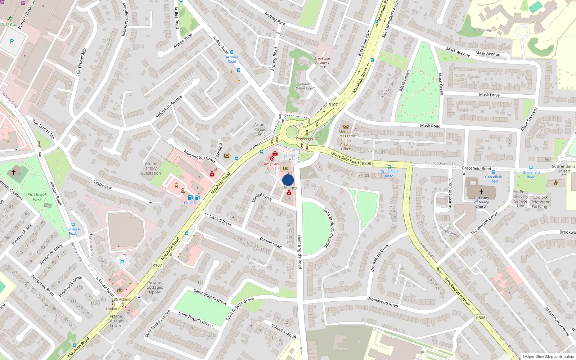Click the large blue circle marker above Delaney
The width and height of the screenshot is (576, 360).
point(288,180)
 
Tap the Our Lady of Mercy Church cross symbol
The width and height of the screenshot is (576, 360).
point(481,192)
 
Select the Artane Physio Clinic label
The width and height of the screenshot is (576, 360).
point(260,130)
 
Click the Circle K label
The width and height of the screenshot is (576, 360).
point(190,203)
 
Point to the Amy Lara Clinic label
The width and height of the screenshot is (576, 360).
point(271,166)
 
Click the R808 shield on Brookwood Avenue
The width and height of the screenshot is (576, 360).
point(481,318)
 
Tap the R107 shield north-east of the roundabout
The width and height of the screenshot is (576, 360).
point(333,105)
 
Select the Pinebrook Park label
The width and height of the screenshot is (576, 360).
point(37,197)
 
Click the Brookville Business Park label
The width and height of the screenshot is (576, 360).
point(322,63)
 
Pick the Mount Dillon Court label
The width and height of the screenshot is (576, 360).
point(305,86)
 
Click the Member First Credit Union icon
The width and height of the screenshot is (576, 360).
point(346,127)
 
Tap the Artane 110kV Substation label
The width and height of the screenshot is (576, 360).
point(151,168)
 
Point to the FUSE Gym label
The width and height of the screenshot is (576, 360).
point(9,25)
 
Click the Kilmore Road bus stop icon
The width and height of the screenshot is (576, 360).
point(73,225)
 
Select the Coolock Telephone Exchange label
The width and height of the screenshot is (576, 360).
point(540,202)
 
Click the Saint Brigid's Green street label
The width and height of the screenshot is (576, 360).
point(195,319)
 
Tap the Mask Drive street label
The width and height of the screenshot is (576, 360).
point(489,95)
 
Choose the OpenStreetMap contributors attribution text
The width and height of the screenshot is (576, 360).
point(548,356)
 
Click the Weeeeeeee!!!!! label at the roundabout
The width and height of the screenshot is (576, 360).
point(307,138)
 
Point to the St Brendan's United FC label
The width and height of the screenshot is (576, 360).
point(563,171)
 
